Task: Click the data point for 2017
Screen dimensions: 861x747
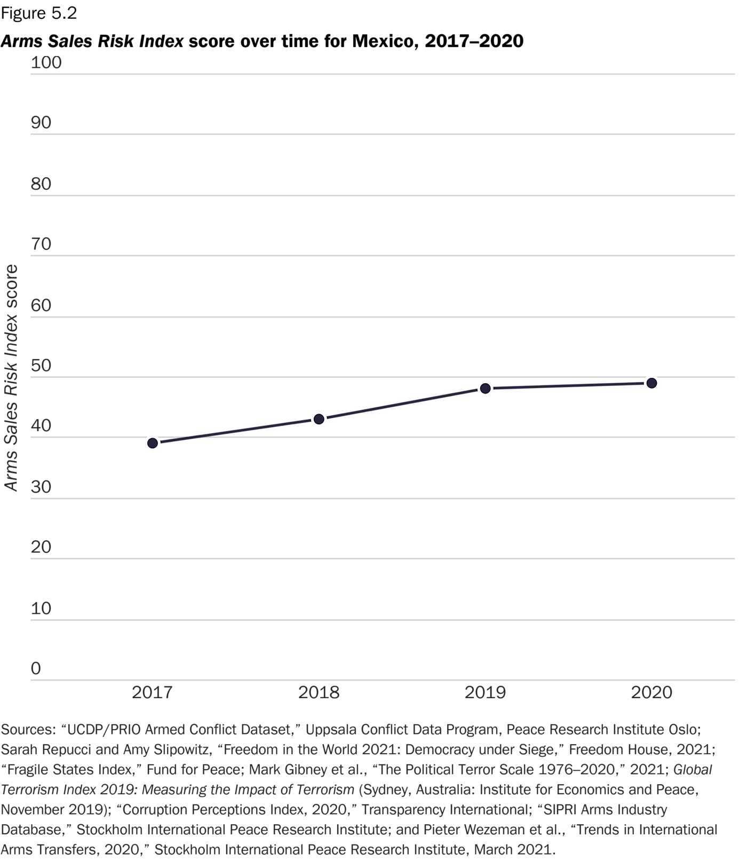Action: coord(152,443)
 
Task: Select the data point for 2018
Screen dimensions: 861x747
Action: coord(319,419)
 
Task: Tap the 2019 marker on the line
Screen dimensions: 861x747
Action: coord(485,388)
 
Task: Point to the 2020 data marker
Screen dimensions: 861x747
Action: coord(651,383)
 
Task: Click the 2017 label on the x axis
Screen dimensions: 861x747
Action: coord(152,693)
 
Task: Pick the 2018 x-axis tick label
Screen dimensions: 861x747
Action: coord(319,693)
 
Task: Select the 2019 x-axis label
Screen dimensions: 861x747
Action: coord(485,693)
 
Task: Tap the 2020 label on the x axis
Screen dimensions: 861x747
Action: coord(651,693)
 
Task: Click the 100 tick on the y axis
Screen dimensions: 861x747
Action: coord(46,62)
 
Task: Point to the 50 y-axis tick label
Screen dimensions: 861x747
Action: coord(41,366)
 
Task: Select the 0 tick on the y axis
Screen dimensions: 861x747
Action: coord(36,668)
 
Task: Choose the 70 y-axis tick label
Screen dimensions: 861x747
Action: coord(41,244)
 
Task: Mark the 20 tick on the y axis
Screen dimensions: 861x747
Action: coord(41,547)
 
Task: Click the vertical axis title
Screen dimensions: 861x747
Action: coord(11,378)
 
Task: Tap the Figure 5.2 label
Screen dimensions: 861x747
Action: coord(39,14)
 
